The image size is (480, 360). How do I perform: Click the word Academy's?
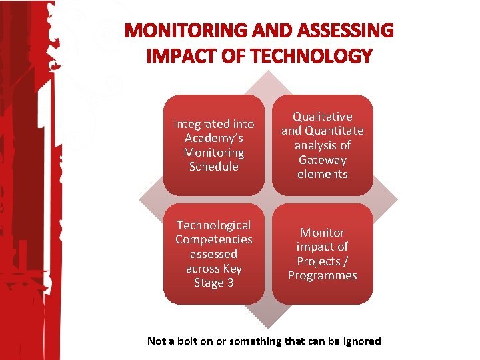point(213,138)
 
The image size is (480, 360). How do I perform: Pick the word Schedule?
point(213,167)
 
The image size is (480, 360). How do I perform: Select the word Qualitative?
point(323,117)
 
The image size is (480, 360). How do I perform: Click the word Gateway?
point(323,160)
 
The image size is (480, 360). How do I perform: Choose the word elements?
point(323,174)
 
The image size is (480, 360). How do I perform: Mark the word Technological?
point(213,225)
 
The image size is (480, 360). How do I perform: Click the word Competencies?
point(213,239)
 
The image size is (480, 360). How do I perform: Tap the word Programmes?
point(323,275)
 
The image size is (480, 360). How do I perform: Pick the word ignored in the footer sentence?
point(360,341)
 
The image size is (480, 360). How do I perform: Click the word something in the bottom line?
point(255,341)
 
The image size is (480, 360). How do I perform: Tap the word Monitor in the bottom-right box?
point(323,233)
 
